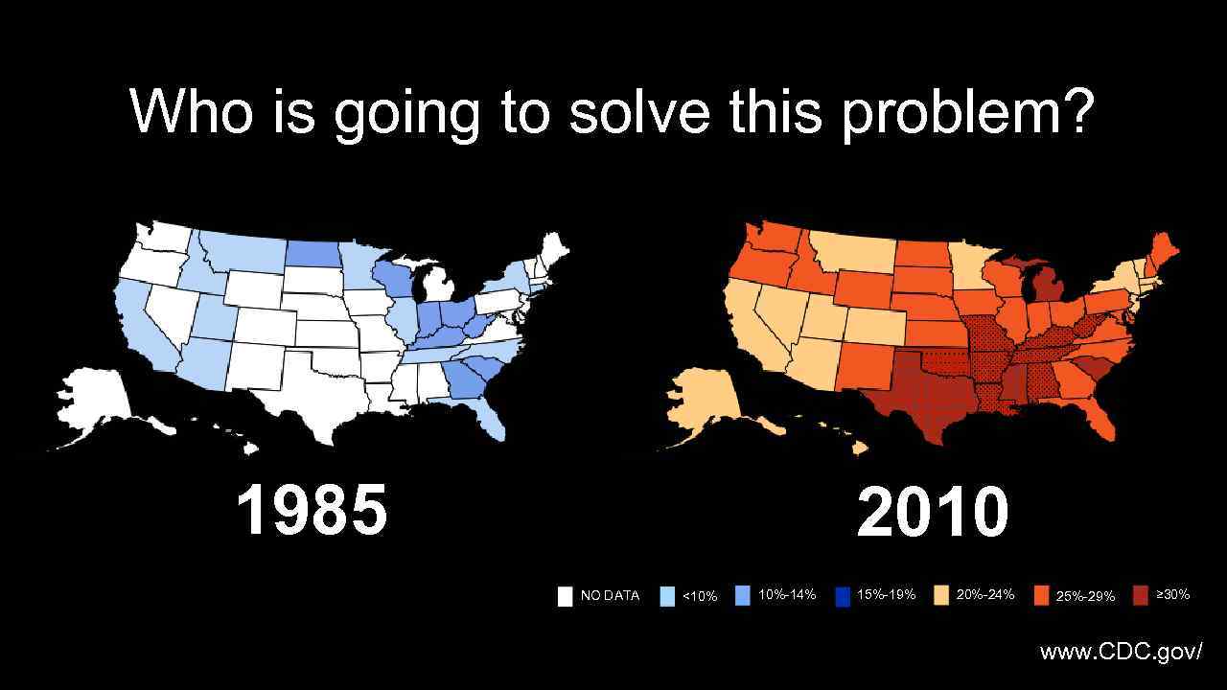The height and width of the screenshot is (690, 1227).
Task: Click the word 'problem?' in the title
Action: [967, 112]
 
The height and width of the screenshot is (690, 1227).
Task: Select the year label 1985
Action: [312, 511]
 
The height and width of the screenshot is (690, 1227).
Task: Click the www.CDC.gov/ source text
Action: [1121, 653]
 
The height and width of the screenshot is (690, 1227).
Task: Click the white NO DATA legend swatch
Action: [566, 596]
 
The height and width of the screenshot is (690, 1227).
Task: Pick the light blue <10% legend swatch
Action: [667, 596]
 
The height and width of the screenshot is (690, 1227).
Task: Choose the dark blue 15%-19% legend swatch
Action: [843, 596]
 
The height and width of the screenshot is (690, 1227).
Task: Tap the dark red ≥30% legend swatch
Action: [1141, 595]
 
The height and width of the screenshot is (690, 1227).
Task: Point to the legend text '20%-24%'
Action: [985, 595]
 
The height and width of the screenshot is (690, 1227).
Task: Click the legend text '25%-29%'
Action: [1085, 596]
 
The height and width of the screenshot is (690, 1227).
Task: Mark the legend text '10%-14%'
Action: [787, 595]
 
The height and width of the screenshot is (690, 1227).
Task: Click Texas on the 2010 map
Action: [920, 402]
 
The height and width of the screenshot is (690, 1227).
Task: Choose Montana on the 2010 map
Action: [853, 251]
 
